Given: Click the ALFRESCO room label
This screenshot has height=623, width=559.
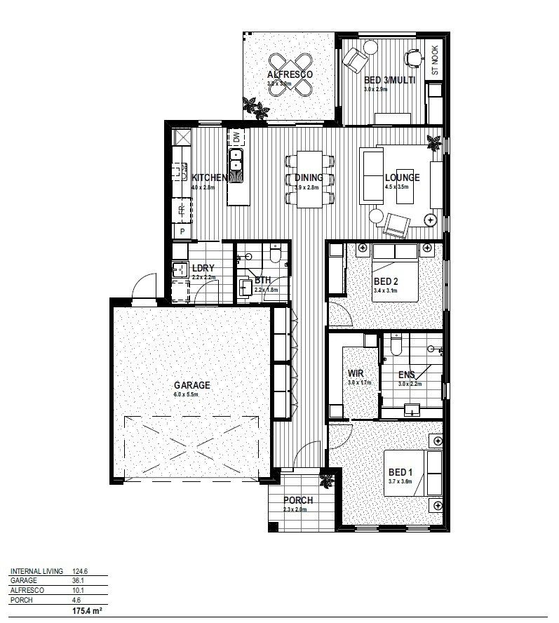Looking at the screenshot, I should [290, 74].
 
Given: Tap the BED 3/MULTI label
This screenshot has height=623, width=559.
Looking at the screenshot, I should [390, 80].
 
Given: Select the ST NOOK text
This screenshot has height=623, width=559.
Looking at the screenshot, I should [435, 60].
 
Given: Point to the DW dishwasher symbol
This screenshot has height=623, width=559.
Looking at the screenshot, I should [236, 137].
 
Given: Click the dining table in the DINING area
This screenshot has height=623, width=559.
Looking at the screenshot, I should [309, 179].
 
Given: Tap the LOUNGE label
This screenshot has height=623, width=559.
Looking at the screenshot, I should [402, 177].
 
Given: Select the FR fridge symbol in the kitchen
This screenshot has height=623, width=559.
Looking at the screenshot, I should [180, 210].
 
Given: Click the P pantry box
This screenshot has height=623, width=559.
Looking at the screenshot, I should [182, 231].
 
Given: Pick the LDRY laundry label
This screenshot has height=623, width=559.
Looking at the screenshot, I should [203, 268].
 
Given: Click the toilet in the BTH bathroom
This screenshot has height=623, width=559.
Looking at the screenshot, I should [275, 256].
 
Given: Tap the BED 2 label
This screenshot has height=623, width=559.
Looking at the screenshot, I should [386, 281].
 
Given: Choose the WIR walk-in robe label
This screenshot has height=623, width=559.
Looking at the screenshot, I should [355, 374].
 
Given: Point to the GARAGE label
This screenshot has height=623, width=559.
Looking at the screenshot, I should [192, 385].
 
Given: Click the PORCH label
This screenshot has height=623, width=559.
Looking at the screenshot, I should [298, 500].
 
